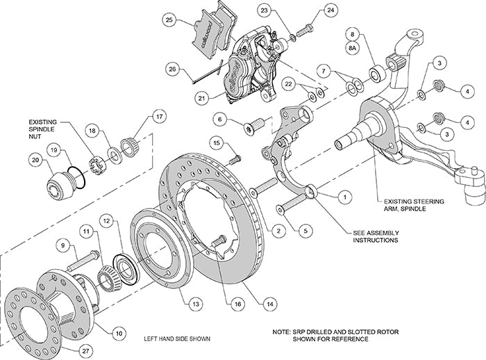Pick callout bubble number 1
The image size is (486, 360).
click(x=342, y=197)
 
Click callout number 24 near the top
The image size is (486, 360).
click(x=330, y=10)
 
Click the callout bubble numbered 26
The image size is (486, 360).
click(x=171, y=68)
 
